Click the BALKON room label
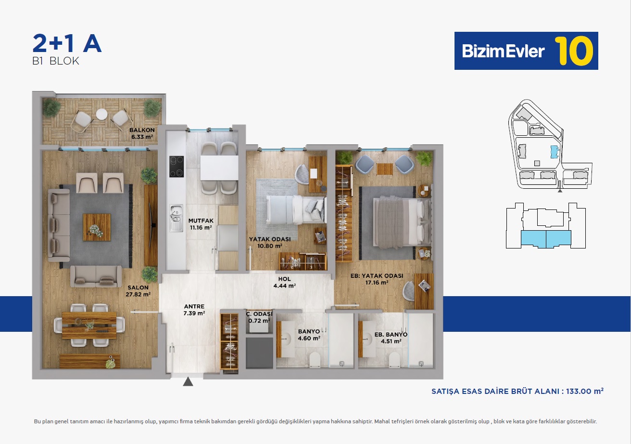(x=142, y=130)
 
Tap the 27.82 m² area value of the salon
(x=138, y=294)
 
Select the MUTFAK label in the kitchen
(x=201, y=221)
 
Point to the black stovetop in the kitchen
(x=177, y=167)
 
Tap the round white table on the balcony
(x=101, y=114)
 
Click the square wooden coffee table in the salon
(x=97, y=227)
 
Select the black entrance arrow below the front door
(x=188, y=382)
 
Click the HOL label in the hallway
(x=285, y=279)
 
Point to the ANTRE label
(x=194, y=306)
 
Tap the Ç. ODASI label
(x=259, y=314)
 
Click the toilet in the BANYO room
(x=315, y=360)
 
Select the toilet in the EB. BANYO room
(x=394, y=360)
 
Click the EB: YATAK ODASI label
(x=377, y=276)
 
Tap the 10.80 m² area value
(x=270, y=246)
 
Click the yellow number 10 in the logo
(x=574, y=51)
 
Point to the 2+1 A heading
(x=67, y=43)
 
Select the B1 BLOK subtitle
(x=55, y=61)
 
